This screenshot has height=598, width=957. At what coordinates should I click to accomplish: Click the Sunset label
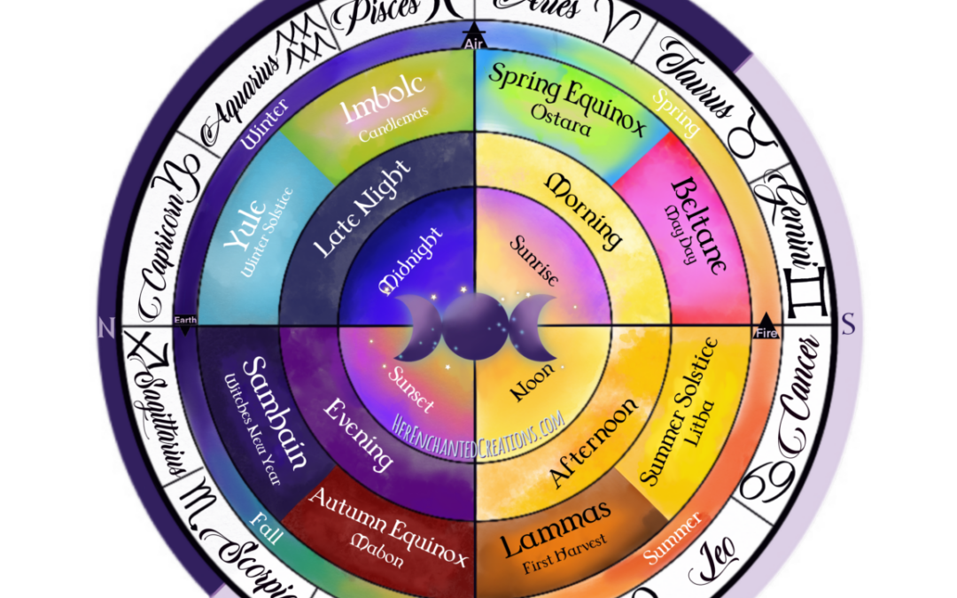point(413,387)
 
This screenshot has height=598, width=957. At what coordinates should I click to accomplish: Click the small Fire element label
point(766,333)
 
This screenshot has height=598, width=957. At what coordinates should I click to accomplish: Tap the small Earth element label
point(186,320)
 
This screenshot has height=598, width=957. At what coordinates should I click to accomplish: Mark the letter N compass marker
point(105,328)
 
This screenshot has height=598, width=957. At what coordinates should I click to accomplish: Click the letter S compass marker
point(848,326)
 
